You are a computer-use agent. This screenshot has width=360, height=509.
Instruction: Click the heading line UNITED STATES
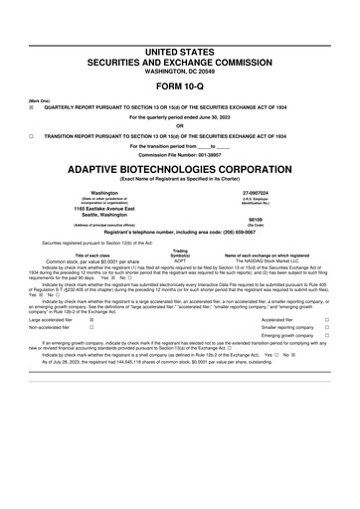tap(180, 50)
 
